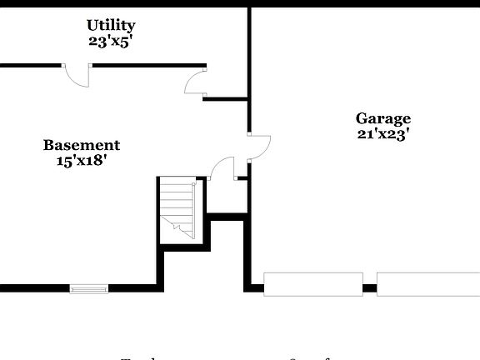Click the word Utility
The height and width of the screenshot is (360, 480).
(111, 26)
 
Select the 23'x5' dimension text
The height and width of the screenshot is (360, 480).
(111, 40)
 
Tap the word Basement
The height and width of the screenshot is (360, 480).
(82, 146)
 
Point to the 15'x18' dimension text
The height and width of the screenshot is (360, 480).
(82, 161)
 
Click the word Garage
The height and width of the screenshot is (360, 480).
(383, 118)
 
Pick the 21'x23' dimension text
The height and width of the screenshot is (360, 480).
(383, 133)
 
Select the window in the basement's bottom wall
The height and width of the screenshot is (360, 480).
(88, 289)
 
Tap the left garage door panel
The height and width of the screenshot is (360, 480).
(313, 284)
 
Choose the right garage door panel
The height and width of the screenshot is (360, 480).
(428, 284)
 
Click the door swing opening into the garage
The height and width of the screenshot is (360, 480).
(258, 146)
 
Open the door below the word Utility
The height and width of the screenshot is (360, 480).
(77, 75)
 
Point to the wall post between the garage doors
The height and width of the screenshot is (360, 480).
(370, 289)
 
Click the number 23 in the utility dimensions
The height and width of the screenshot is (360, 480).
(96, 40)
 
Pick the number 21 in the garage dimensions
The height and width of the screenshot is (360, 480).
(365, 133)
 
